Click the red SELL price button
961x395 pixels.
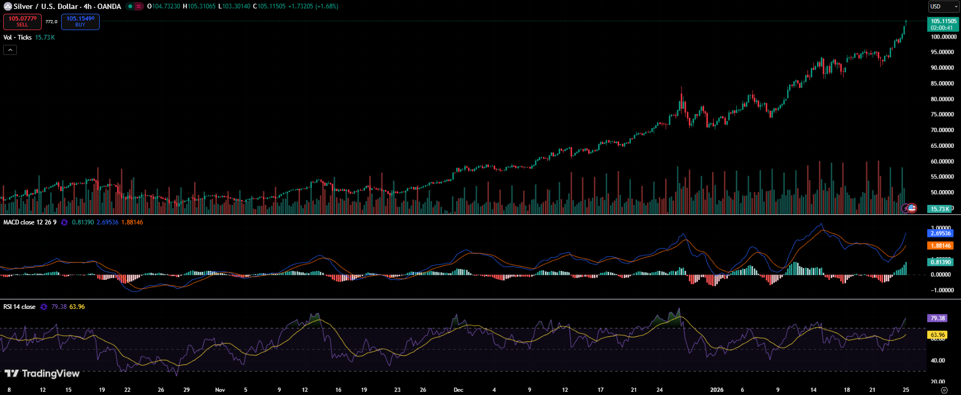[x=22, y=22]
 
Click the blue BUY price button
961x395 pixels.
[x=80, y=22]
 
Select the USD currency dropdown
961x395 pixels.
[x=943, y=6]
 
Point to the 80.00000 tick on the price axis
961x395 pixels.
[x=942, y=99]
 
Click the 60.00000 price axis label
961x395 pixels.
[x=942, y=162]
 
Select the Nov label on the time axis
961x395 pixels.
[x=220, y=390]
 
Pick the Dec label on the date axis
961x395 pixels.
[x=458, y=390]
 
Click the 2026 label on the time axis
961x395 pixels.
[x=717, y=390]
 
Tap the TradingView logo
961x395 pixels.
[x=42, y=373]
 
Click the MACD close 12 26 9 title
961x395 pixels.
[x=30, y=222]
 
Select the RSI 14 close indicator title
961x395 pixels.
[x=20, y=307]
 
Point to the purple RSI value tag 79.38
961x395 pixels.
[x=937, y=318]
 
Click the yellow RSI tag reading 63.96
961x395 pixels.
[x=937, y=335]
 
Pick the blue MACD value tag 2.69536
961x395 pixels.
[x=940, y=233]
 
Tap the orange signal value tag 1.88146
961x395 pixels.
[x=940, y=246]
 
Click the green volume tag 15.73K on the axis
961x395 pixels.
[x=939, y=209]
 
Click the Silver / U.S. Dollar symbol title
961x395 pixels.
[x=67, y=6]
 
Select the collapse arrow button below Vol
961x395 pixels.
[x=10, y=50]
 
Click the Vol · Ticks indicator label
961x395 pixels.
[x=17, y=37]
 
